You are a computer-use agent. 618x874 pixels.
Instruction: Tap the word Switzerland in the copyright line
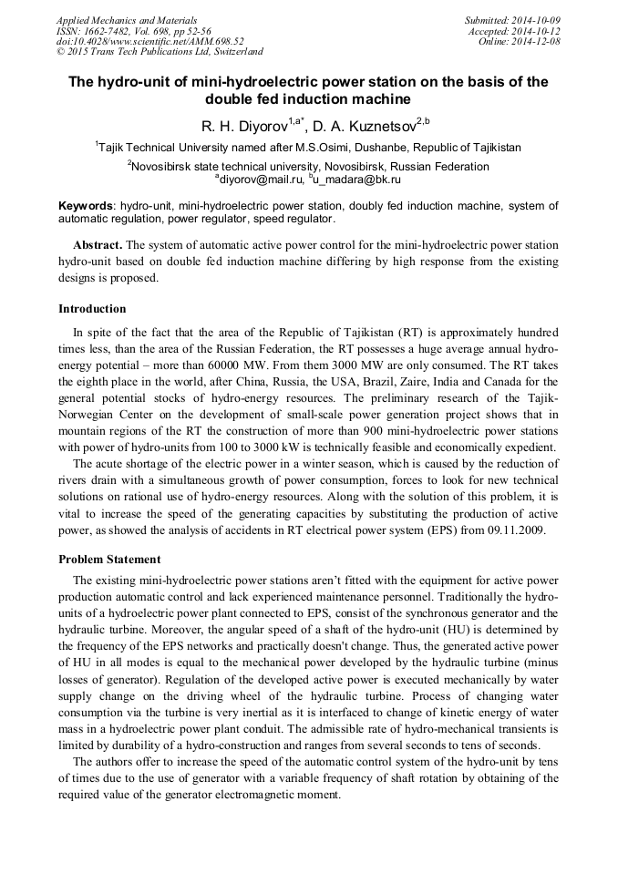point(233,52)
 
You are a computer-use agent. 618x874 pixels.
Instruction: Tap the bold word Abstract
point(97,246)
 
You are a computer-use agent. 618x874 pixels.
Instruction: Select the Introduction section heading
point(92,309)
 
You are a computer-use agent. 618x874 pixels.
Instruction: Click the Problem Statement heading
point(109,559)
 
